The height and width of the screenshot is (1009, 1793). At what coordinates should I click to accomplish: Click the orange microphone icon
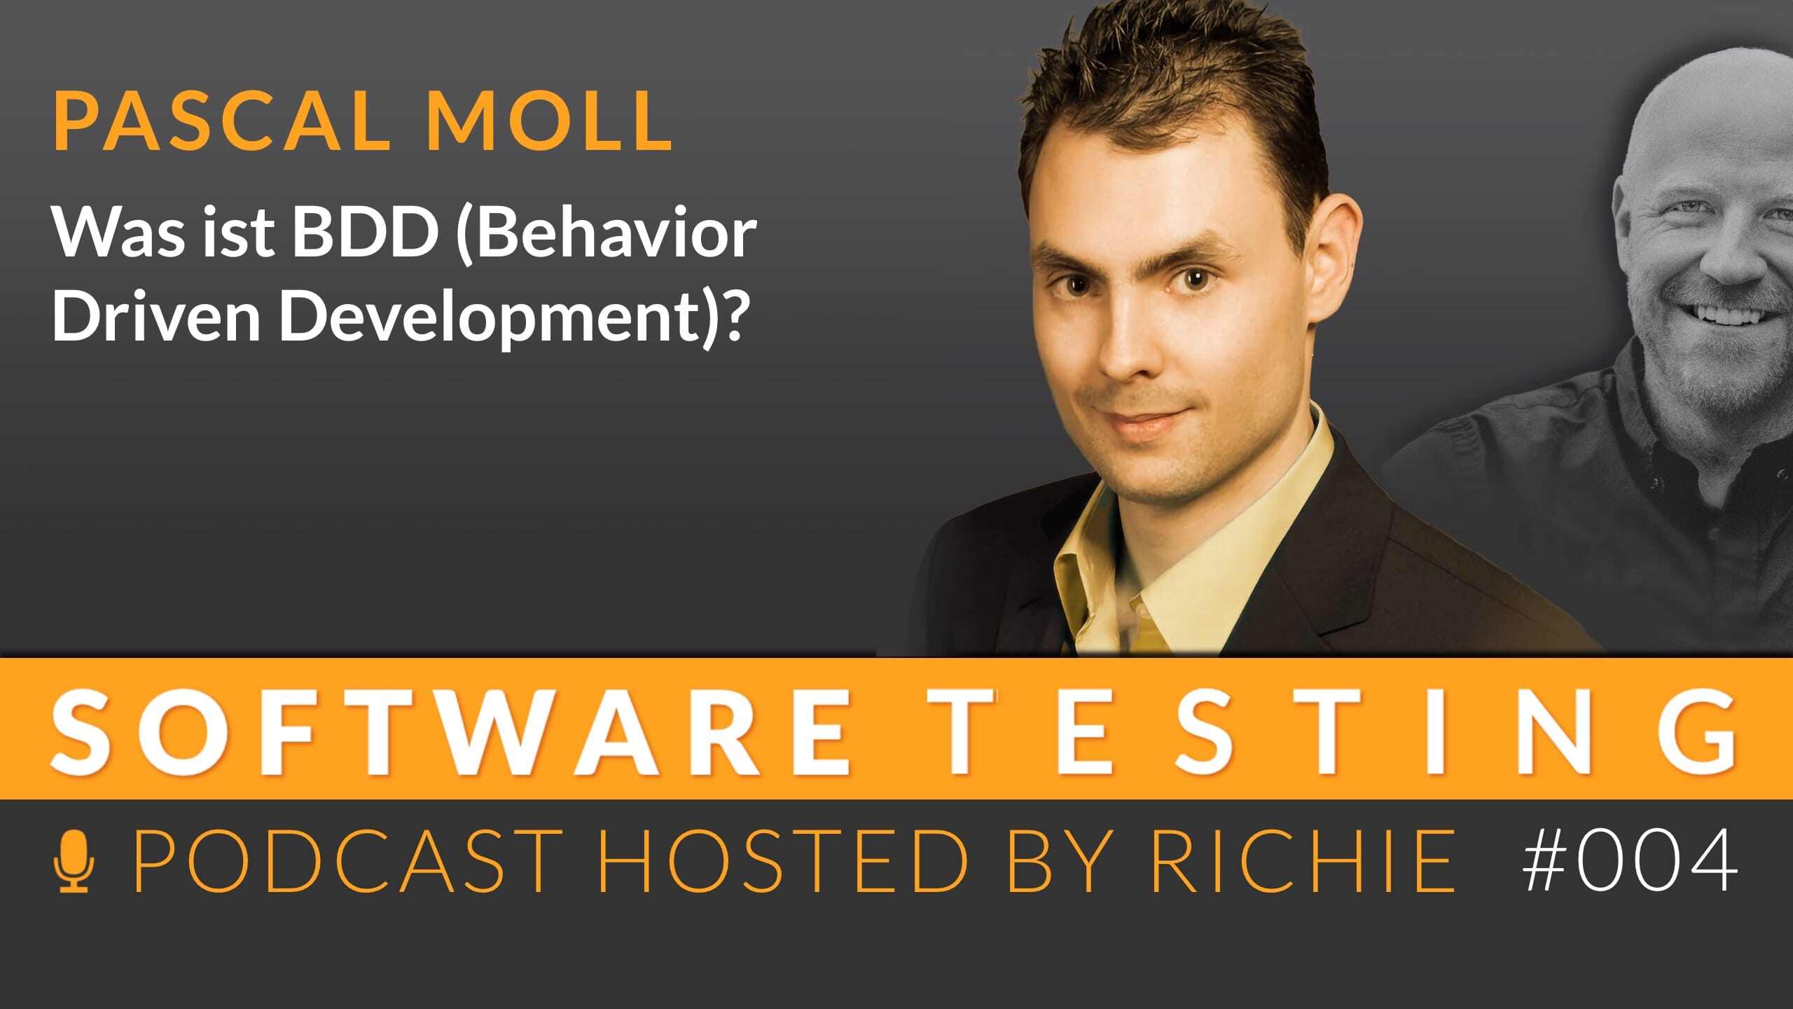pyautogui.click(x=74, y=862)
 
